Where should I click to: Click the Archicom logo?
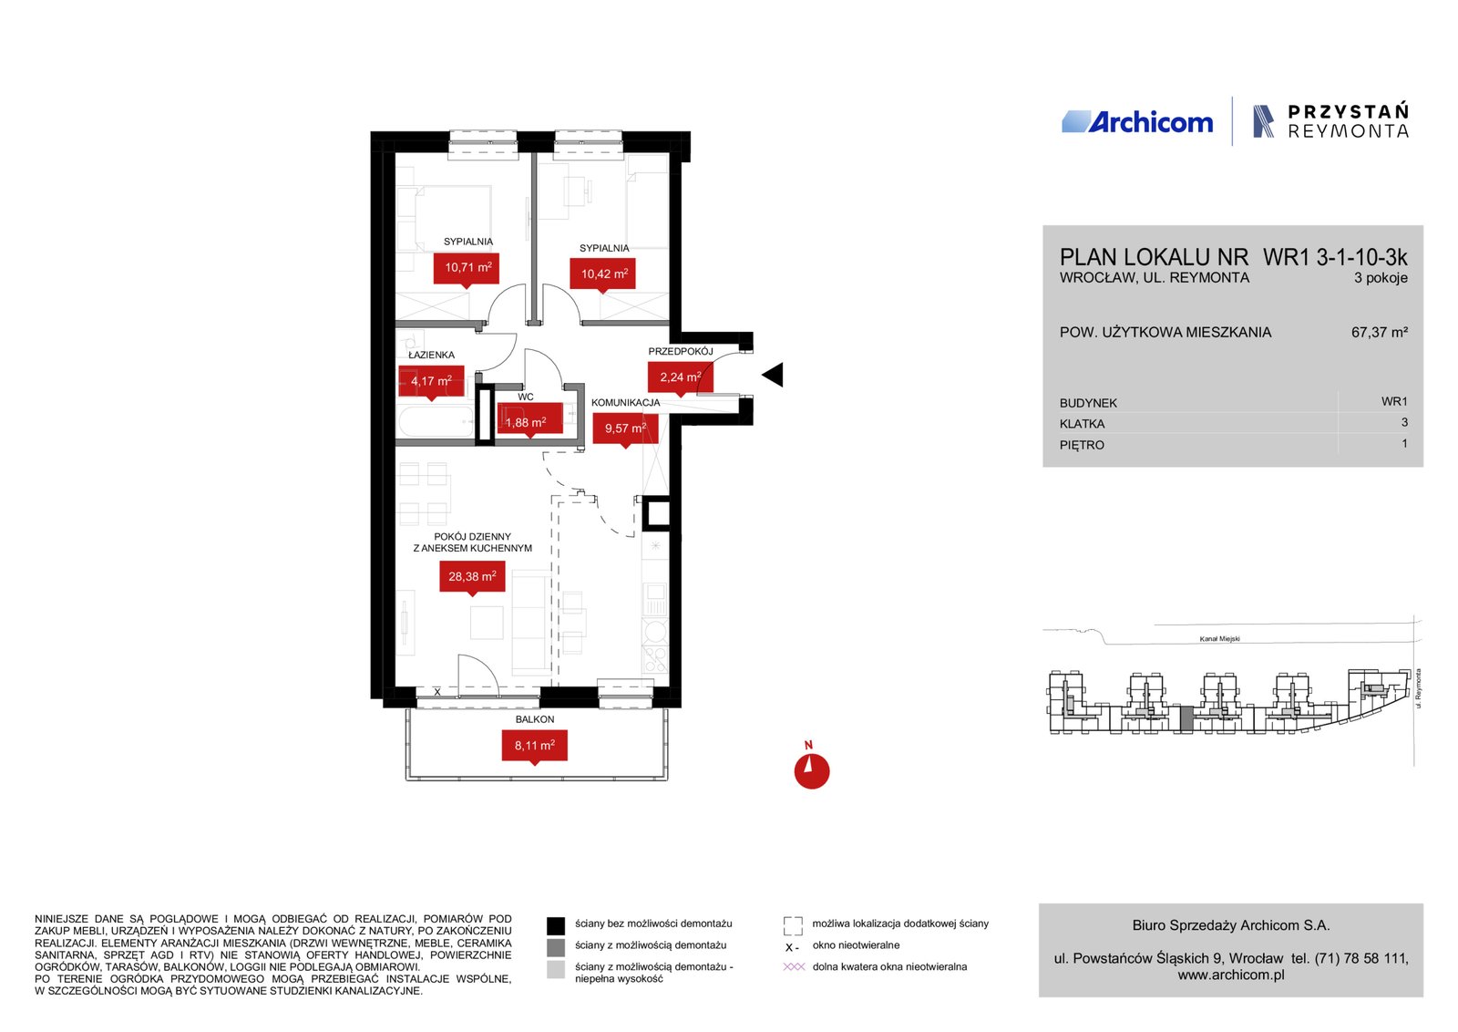tap(1137, 122)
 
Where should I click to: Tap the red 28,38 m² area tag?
tap(472, 577)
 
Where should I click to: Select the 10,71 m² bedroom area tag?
tap(467, 268)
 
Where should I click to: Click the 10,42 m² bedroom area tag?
tap(602, 274)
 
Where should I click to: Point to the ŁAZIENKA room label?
tap(432, 355)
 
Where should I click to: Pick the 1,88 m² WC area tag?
tap(529, 421)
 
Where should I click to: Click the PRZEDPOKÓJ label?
tap(680, 352)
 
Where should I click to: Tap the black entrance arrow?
tap(773, 375)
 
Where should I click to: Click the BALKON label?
tap(534, 719)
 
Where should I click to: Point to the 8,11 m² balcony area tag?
tap(534, 746)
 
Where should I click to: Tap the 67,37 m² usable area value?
tap(1380, 332)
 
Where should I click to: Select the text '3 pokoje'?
tap(1381, 278)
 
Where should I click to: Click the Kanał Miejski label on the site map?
tap(1219, 639)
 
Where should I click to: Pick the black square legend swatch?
tap(555, 925)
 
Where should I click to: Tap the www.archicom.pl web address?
tap(1231, 975)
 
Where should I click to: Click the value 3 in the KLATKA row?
tap(1404, 423)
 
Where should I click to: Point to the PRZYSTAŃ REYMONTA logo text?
tap(1348, 121)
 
